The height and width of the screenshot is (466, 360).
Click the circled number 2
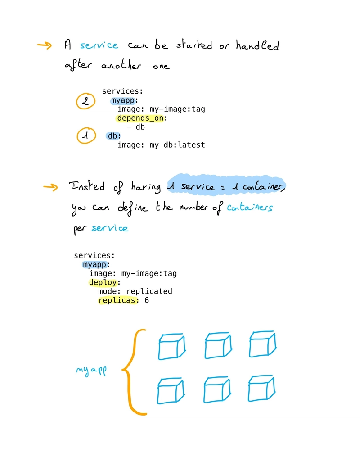click(85, 101)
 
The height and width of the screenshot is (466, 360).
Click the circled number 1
click(86, 136)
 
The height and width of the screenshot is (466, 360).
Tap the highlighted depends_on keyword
click(140, 118)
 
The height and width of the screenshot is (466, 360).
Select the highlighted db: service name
click(113, 136)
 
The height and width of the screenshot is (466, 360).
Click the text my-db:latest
click(177, 145)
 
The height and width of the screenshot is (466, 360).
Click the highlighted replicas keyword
click(118, 300)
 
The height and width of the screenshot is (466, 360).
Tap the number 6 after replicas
click(147, 300)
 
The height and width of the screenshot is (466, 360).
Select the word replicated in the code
click(149, 291)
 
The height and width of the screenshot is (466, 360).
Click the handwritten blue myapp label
click(91, 371)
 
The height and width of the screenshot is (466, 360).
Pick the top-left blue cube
click(172, 347)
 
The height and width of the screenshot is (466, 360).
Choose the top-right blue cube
click(262, 344)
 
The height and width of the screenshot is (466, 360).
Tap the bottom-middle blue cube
click(217, 390)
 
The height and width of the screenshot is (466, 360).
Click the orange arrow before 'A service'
click(45, 45)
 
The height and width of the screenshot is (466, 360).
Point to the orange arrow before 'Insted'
click(50, 187)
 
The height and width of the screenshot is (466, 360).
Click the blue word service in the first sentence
click(99, 45)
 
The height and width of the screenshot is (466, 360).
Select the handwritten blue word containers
click(250, 207)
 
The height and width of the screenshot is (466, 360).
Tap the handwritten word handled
click(257, 45)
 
